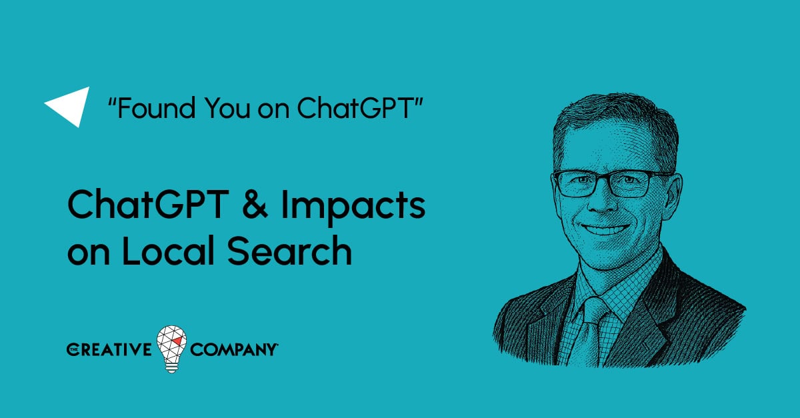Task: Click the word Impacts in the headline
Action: click(353, 207)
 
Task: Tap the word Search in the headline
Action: click(289, 251)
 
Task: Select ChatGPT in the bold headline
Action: click(148, 204)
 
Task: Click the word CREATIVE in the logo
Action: click(109, 349)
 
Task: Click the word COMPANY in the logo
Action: click(234, 349)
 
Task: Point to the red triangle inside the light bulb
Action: click(178, 341)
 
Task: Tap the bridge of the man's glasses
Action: click(603, 177)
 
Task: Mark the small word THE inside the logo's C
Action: click(73, 349)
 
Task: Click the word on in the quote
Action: click(273, 110)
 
